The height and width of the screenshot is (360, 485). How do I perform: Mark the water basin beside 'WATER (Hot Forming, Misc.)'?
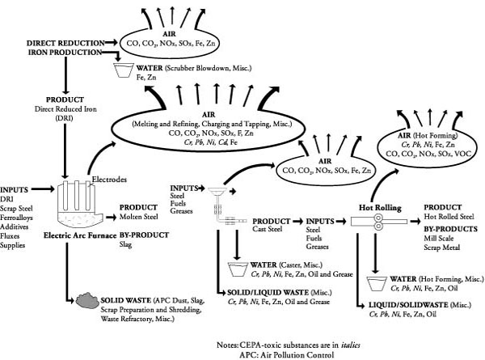point(376,282)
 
